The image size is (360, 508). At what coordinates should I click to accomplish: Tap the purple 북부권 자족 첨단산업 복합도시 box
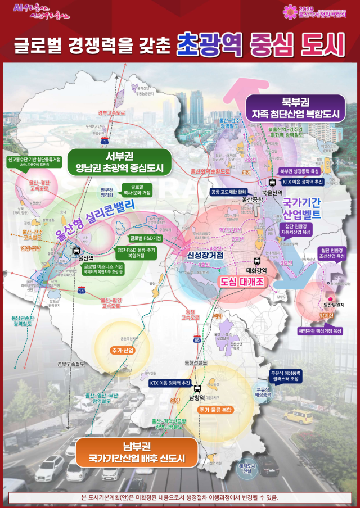(295, 108)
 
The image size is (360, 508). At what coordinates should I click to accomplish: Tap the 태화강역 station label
(256, 269)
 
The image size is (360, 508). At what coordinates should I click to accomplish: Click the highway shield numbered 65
(197, 339)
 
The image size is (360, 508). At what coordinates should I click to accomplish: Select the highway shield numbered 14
(82, 290)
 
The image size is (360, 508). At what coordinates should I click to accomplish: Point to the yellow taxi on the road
(298, 416)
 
